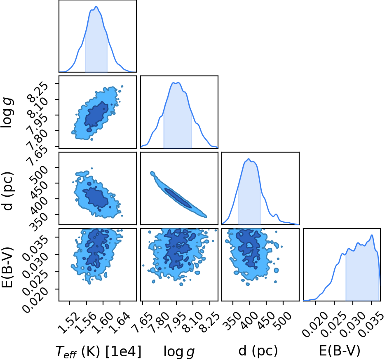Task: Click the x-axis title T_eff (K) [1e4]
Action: (99, 351)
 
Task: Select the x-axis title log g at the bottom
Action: (179, 352)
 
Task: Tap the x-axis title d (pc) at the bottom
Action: (258, 351)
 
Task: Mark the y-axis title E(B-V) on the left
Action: (7, 267)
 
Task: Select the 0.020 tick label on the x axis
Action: (315, 325)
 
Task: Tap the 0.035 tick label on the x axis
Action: (371, 325)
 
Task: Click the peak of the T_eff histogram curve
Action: (96, 7)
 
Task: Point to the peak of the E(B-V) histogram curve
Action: (372, 235)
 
